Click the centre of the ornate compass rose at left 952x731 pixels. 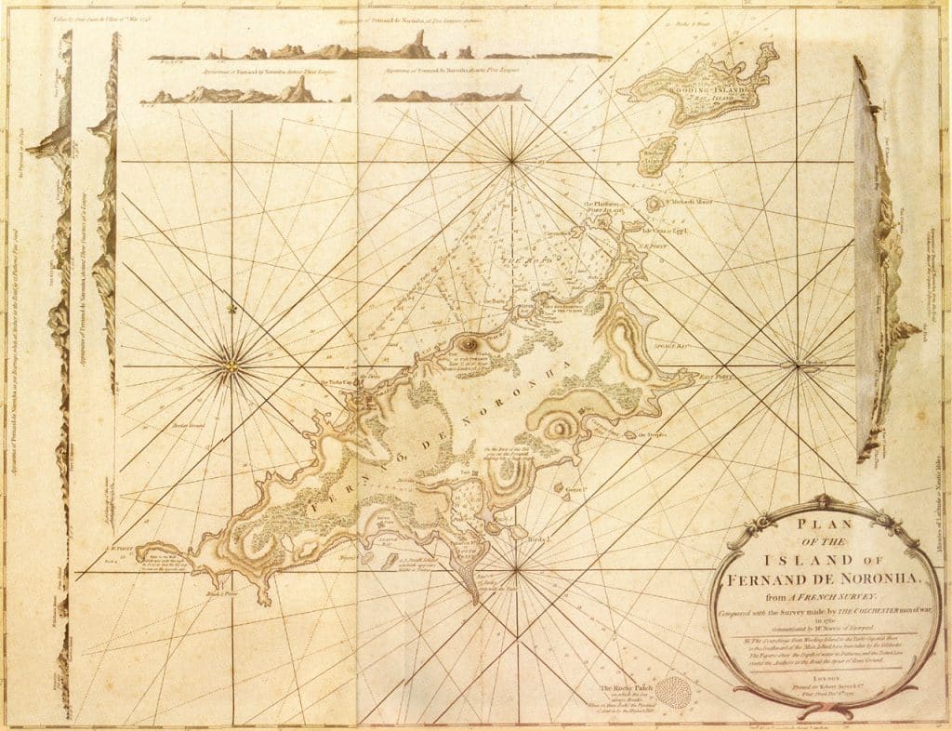[229, 366]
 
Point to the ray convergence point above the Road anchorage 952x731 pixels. [512, 162]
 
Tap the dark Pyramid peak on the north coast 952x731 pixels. [468, 344]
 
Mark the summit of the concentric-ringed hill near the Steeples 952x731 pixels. [559, 429]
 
